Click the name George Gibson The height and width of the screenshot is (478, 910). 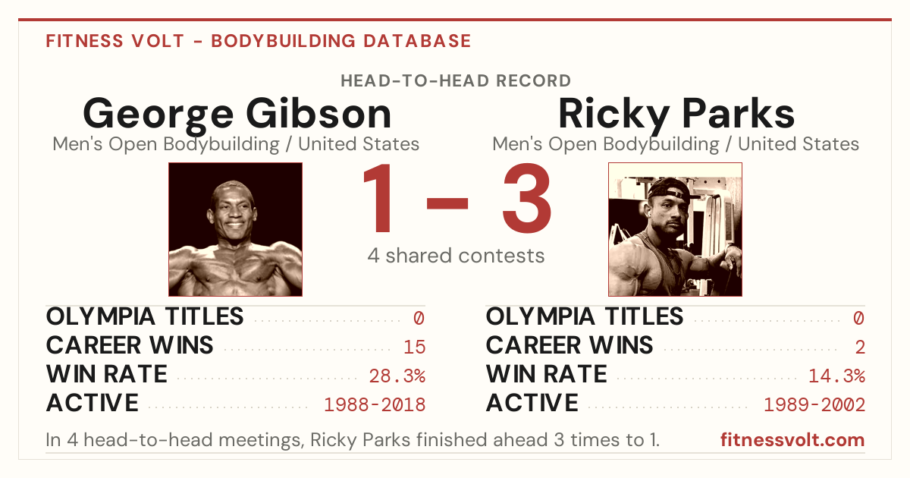237,115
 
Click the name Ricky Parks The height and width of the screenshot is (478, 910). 676,114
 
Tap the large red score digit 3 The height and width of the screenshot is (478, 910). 527,198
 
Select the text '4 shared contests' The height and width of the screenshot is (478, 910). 456,256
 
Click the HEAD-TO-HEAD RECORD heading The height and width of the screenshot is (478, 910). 456,81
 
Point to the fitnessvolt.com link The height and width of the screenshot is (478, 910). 792,440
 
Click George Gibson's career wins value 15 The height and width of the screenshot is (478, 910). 414,347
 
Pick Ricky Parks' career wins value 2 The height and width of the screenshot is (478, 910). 860,347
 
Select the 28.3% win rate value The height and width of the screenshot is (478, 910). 397,376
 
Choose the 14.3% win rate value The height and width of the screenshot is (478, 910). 836,376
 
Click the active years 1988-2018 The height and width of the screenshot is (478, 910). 375,404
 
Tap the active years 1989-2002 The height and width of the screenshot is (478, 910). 814,404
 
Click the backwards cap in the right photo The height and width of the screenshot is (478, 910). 668,188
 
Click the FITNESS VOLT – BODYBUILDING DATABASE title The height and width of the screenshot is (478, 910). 259,41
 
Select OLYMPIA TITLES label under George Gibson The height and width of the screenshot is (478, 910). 145,316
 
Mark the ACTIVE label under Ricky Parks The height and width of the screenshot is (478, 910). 532,403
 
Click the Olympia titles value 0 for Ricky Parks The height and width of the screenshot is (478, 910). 858,318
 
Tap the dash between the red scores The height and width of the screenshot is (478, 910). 447,203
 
